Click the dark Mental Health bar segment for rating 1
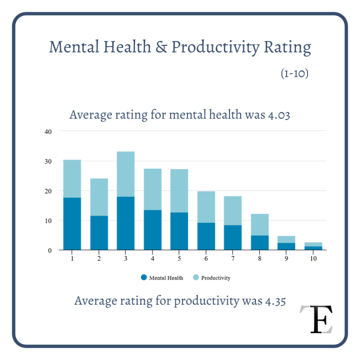coord(72,223)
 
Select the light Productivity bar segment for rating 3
coord(126,174)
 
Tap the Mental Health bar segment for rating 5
coord(179,231)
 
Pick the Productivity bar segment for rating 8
coord(260,225)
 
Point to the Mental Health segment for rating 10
coord(314,248)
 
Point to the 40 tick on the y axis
coord(48,132)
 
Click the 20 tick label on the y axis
coord(48,191)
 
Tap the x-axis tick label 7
coord(233,258)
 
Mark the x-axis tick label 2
coord(99,258)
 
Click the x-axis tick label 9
coord(286,258)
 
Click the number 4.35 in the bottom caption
coord(272,301)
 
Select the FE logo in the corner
coord(317,319)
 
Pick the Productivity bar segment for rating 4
coord(153,189)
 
